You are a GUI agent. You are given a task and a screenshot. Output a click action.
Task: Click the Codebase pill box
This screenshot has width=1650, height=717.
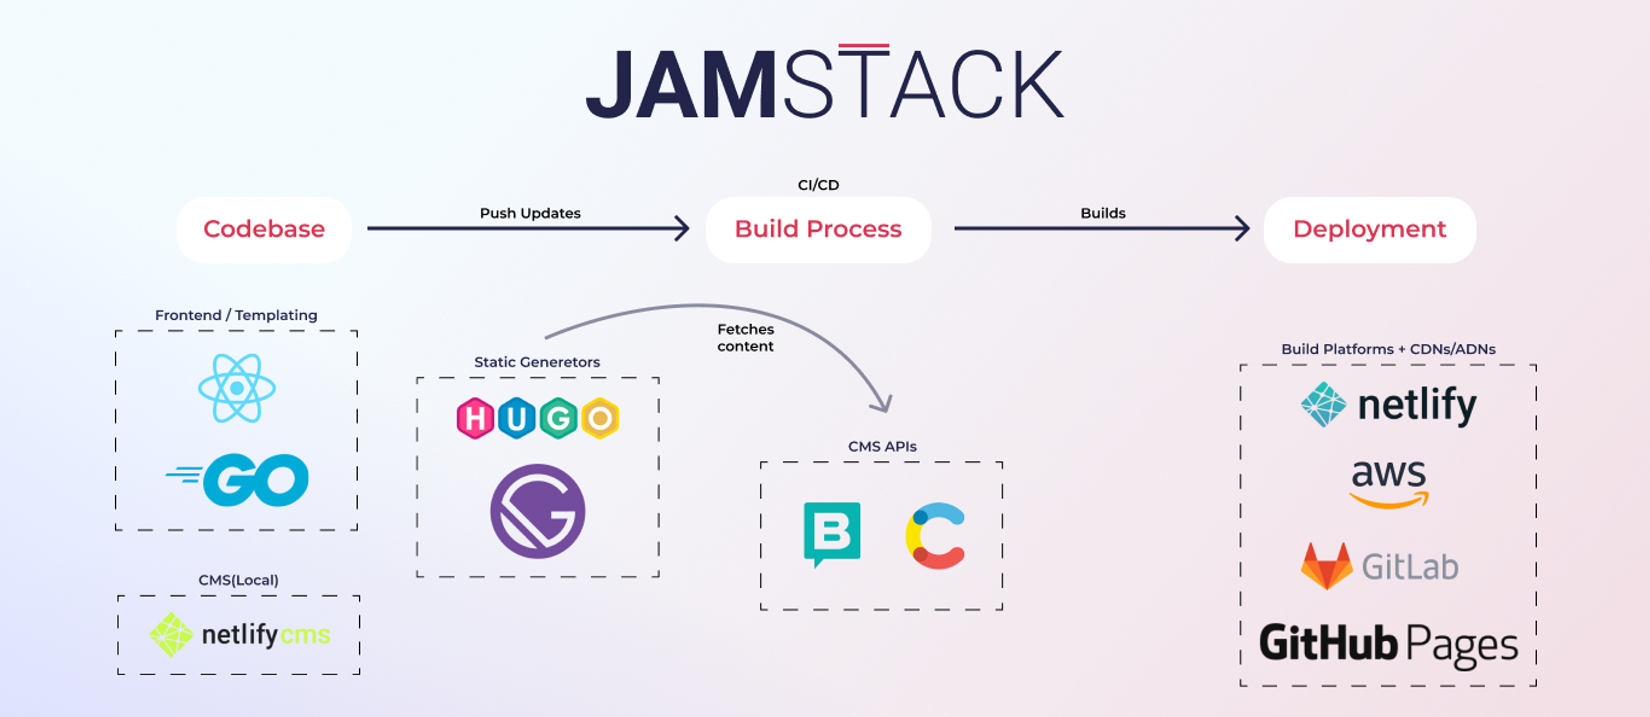click(x=264, y=229)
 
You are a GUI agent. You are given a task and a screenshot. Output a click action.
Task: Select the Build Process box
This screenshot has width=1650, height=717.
click(x=818, y=229)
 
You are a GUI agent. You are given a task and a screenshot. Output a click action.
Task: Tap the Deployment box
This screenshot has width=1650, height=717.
click(x=1369, y=229)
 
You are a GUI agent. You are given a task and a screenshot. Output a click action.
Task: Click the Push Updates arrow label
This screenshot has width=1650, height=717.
click(x=530, y=213)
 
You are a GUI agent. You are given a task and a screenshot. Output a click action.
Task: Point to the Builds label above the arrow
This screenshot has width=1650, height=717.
click(x=1102, y=213)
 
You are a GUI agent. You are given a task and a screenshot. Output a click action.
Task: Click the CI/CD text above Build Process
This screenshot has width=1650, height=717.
click(x=818, y=185)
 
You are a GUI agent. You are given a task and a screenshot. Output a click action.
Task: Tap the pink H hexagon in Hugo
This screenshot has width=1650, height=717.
click(x=475, y=419)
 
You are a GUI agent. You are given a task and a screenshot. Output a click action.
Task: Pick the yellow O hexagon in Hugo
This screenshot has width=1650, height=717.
click(x=600, y=419)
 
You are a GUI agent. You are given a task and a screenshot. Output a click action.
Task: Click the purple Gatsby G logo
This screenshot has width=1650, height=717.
click(x=538, y=511)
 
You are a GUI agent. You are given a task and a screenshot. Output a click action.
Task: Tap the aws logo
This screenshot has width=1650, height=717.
click(x=1388, y=483)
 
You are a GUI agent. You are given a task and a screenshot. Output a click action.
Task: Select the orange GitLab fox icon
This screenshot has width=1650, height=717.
click(x=1326, y=565)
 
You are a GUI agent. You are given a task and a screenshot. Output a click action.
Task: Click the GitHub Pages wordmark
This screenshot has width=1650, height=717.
click(x=1388, y=644)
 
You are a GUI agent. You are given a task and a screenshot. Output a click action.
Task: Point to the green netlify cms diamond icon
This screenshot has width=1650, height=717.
click(x=171, y=635)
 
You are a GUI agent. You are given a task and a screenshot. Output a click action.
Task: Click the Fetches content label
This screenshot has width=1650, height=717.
click(x=745, y=337)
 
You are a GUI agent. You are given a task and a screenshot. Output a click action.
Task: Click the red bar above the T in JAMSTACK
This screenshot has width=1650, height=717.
click(x=863, y=46)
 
